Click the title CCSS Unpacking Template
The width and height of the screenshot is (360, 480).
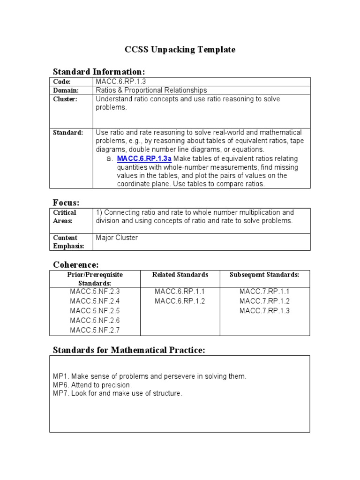[180, 49]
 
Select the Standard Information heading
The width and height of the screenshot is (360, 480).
[99, 72]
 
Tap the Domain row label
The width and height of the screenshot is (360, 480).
[66, 90]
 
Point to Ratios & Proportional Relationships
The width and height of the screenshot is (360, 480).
[151, 90]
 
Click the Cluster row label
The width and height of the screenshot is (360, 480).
[65, 99]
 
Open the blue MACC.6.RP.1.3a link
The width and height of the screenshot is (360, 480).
[144, 159]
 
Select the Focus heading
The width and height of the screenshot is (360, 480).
[66, 202]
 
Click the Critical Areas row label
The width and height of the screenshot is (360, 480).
[65, 217]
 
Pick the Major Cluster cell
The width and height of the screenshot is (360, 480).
[117, 238]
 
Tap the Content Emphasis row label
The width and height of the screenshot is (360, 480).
[68, 242]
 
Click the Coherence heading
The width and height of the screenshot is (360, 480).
[75, 265]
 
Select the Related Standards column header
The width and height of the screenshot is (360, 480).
[180, 275]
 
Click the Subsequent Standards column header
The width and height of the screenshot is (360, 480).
[264, 275]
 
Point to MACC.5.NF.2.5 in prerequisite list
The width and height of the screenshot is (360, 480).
[95, 311]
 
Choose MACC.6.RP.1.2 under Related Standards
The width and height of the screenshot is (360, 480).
[180, 301]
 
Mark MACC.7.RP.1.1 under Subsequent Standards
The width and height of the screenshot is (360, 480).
[264, 291]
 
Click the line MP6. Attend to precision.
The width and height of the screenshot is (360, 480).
[92, 385]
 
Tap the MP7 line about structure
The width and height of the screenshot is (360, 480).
[117, 393]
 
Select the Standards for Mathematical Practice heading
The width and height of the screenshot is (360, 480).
[129, 350]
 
